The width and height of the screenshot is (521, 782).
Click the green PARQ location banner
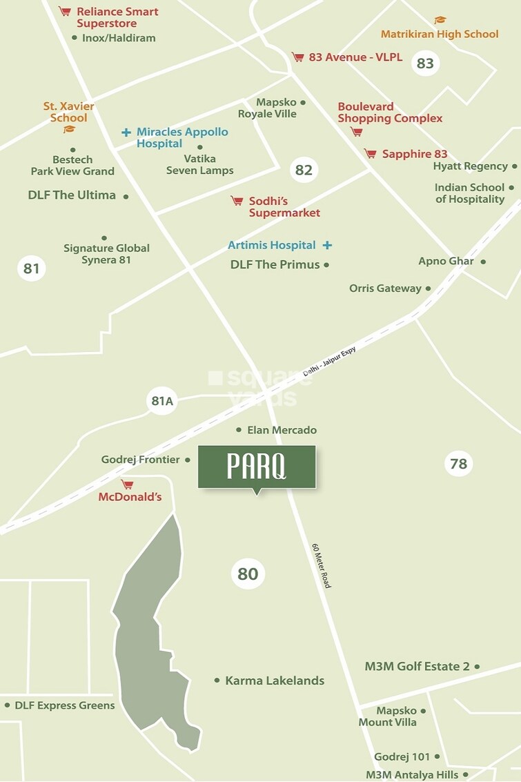[x=257, y=467]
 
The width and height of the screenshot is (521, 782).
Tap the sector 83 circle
[x=425, y=63]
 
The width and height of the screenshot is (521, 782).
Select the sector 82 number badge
[x=304, y=170]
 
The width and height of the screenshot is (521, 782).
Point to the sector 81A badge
[x=162, y=400]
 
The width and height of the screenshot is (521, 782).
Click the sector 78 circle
[x=459, y=464]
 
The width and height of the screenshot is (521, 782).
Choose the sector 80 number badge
[x=247, y=574]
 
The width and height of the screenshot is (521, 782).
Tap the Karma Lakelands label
[x=275, y=681]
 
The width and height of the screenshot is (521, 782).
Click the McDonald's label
[x=130, y=497]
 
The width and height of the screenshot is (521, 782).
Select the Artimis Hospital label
[x=272, y=245]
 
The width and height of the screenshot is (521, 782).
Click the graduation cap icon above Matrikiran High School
[x=440, y=21]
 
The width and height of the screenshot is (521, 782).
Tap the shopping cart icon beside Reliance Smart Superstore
[x=65, y=12]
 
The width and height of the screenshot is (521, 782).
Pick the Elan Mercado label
[x=282, y=430]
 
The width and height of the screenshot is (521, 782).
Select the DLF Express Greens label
[x=64, y=705]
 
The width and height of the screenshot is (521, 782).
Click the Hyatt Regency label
[x=470, y=166]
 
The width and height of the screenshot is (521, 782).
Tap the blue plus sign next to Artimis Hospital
[x=327, y=245]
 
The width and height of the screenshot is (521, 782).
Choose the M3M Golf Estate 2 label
[x=417, y=667]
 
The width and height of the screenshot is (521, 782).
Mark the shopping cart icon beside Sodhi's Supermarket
[x=237, y=201]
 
